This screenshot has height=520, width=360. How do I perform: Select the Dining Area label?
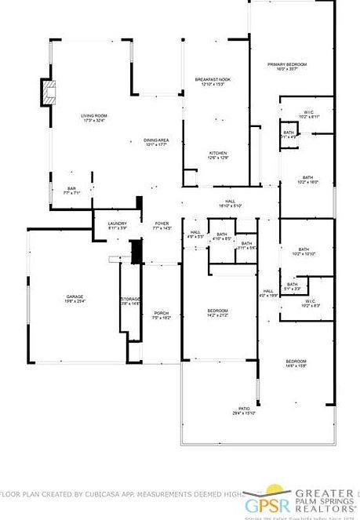157,142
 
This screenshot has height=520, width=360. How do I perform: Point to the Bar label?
71,190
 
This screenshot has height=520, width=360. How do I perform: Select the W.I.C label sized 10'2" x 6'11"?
307,113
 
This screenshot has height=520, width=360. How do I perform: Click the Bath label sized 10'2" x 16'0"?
307,180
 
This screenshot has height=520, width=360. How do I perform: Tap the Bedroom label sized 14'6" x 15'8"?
296,363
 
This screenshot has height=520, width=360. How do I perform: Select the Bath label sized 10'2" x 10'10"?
303,253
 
